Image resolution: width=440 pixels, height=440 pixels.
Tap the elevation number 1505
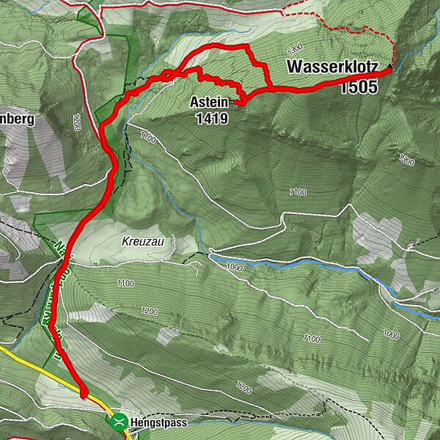click(359, 87)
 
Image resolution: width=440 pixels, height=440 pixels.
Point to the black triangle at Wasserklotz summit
click(389, 67)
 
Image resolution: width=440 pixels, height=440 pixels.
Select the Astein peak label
click(209, 102)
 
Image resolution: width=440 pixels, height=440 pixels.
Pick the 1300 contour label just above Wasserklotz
click(294, 50)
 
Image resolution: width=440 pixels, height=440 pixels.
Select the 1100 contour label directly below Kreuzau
click(126, 283)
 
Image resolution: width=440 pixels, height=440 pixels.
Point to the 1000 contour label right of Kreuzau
click(235, 268)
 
